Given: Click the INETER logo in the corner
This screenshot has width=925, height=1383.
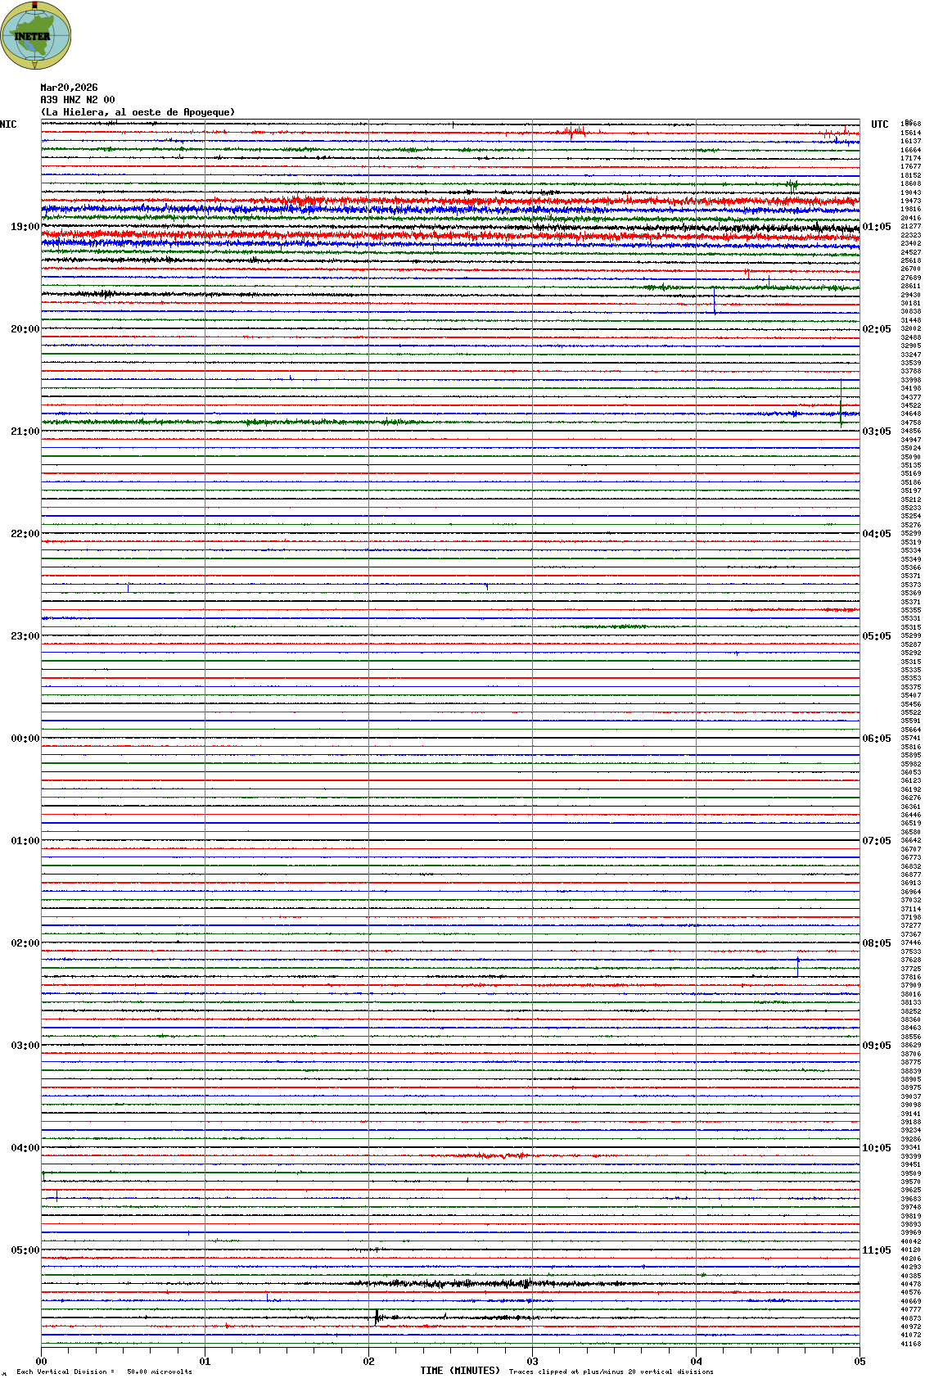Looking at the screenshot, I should pos(35,35).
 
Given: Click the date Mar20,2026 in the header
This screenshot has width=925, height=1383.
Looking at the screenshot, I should pos(69,88).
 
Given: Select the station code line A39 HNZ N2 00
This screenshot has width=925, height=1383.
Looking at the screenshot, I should pos(78,100).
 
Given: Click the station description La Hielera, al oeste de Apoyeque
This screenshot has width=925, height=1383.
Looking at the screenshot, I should pos(138,112).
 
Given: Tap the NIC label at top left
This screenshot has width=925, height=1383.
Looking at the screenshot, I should pos(8,124).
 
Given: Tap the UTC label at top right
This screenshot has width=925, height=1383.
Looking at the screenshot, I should pos(879,124).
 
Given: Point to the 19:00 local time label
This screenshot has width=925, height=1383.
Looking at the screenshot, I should pos(25,227).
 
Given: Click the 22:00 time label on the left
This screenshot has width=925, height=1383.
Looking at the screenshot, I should pos(25,534).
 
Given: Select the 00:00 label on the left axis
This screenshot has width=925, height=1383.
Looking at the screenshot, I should pos(25,739).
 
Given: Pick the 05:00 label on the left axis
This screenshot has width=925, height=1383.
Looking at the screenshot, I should pos(25,1250).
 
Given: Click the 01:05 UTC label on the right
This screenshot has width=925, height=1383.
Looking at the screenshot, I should pos(877,227).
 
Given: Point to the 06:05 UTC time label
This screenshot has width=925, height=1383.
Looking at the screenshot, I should pos(877,739).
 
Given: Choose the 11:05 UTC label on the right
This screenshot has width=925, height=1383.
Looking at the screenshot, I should pos(877,1250).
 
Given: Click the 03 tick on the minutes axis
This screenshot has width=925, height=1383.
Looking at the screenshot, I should pos(532,1362).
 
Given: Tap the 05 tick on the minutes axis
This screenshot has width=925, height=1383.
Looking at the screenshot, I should pos(860,1362).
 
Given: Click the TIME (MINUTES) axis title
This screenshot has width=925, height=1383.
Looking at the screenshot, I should pos(460,1371).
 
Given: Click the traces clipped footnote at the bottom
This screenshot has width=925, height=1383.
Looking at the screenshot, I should pos(611,1372).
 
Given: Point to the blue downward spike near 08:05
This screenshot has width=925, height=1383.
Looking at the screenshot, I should pos(797,967).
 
